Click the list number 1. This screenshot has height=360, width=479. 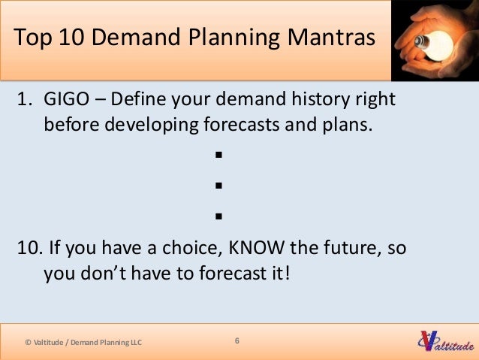pos(23,99)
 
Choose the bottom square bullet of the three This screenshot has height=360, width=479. pos(219,216)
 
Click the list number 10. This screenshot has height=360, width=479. pos(29,248)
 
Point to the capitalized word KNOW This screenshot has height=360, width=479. pos(261,248)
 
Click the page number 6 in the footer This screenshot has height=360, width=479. pos(237,341)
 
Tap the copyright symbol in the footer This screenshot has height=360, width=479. pos(29,343)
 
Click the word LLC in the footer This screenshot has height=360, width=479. pos(133,343)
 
